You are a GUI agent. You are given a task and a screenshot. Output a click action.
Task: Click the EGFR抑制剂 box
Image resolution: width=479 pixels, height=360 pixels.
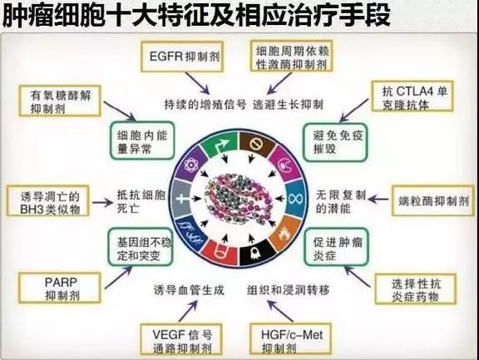(x=182, y=57)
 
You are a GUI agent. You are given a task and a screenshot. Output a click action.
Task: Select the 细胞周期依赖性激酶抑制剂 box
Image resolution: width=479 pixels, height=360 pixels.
(x=291, y=56)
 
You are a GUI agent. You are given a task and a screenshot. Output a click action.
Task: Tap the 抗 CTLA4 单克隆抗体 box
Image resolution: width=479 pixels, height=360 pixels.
(x=412, y=96)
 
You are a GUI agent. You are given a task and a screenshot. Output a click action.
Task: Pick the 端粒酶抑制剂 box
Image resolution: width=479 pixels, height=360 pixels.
(x=433, y=200)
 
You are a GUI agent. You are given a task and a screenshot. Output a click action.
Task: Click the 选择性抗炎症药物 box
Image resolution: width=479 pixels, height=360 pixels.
(x=416, y=289)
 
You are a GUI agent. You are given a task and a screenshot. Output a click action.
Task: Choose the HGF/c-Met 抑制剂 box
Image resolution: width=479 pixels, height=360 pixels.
(x=290, y=339)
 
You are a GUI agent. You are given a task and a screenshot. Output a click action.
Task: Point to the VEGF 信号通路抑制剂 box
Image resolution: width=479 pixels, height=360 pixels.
(x=181, y=339)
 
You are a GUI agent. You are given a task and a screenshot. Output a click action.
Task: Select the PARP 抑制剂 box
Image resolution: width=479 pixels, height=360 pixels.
(x=60, y=288)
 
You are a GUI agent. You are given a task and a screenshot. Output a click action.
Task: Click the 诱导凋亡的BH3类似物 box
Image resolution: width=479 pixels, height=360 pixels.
(x=48, y=200)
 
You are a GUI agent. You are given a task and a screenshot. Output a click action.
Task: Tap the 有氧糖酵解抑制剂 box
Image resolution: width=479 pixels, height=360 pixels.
(x=60, y=101)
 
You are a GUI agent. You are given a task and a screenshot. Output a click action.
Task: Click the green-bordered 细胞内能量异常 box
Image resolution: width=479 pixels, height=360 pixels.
(x=142, y=141)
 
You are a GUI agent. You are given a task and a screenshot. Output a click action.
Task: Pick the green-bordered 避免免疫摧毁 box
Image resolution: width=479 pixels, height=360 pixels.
(x=335, y=142)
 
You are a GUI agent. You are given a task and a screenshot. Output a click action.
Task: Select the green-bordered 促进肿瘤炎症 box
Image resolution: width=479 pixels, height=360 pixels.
(x=336, y=247)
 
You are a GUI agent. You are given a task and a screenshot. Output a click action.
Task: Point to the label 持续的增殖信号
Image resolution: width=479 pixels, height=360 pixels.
(x=205, y=105)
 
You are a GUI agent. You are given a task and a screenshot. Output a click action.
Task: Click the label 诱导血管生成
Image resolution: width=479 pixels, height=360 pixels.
(x=189, y=290)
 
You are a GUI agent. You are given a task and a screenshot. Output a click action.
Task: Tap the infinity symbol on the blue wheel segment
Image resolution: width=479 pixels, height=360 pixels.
(x=294, y=199)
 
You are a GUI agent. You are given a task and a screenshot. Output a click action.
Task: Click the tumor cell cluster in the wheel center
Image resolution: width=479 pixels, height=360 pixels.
(x=239, y=199)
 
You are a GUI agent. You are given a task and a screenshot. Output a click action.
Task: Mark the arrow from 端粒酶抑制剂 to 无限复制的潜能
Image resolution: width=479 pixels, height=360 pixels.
(x=378, y=200)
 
